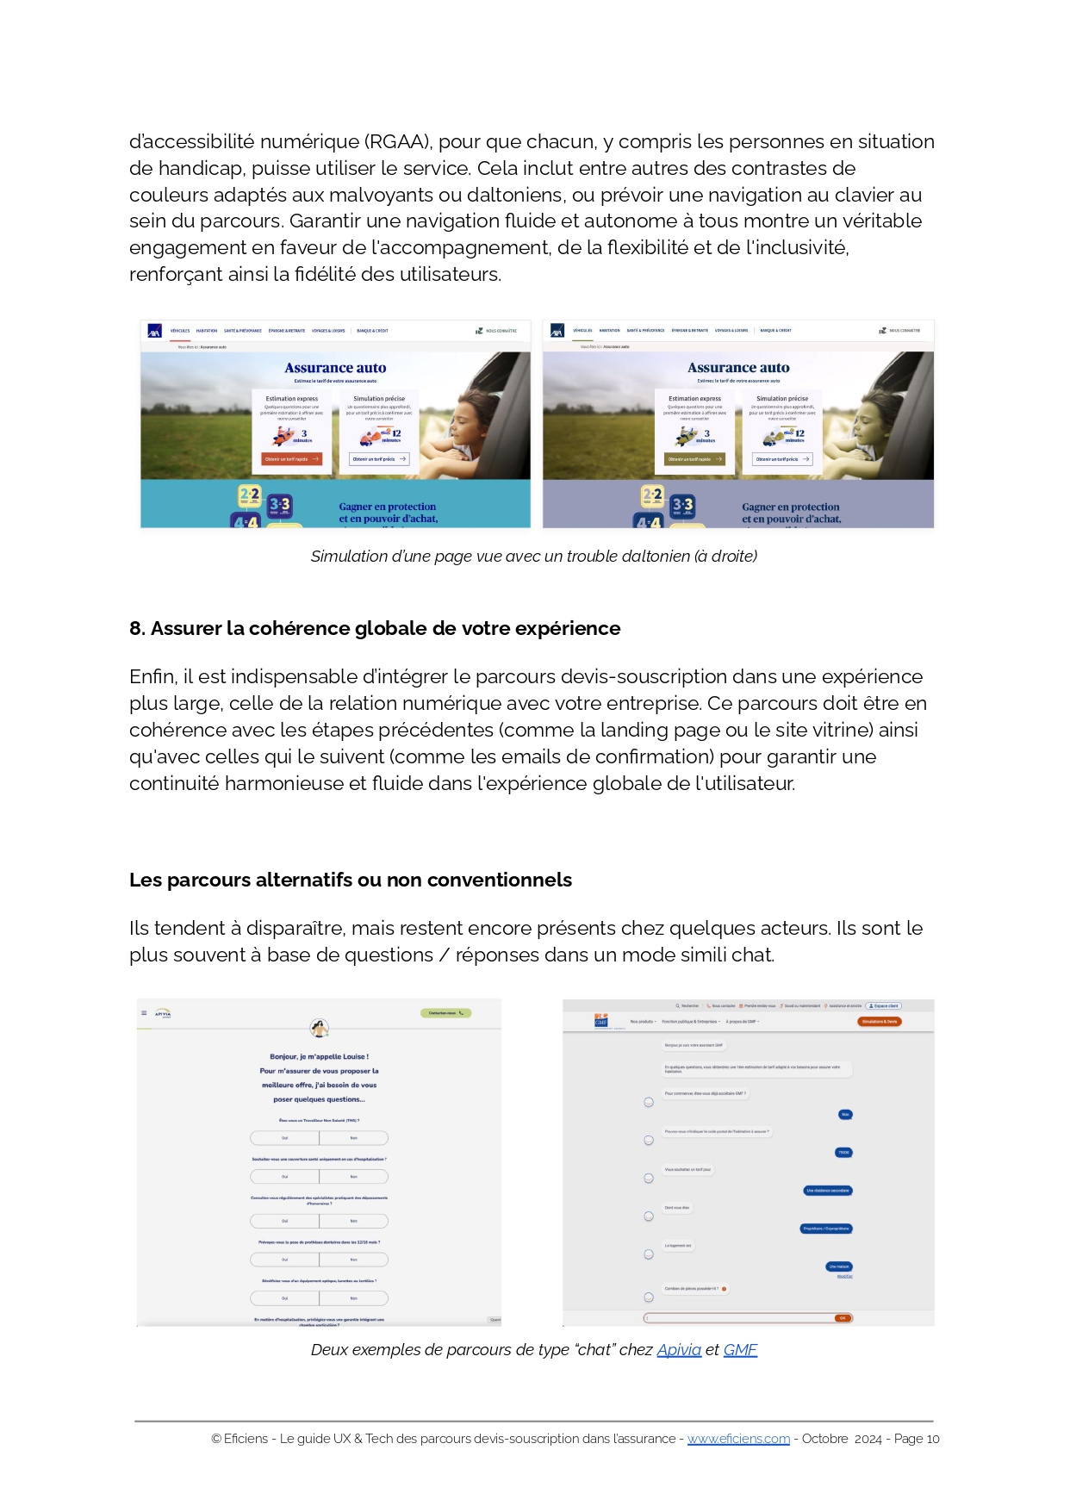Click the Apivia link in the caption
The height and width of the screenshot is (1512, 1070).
pos(679,1350)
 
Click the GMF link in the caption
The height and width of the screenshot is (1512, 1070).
pos(740,1350)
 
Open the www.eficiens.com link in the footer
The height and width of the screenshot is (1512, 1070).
pos(738,1439)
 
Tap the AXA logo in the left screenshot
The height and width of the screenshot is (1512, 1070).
pos(155,331)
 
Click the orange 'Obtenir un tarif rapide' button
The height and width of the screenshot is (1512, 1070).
pos(291,459)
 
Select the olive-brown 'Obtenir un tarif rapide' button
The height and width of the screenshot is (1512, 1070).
pos(694,459)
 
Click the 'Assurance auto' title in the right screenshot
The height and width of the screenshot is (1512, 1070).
pos(738,368)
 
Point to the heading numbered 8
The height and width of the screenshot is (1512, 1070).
pos(375,628)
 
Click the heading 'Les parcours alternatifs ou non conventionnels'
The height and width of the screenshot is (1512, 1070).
pos(351,880)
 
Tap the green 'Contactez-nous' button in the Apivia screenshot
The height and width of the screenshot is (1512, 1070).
pos(445,1013)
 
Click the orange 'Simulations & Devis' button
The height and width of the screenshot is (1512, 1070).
pos(880,1022)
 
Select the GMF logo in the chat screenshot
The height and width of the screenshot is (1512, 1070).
pos(601,1021)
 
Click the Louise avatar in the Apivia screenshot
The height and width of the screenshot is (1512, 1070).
pos(320,1028)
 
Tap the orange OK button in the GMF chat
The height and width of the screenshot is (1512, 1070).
pos(842,1318)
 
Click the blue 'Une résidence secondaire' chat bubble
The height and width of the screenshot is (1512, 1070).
pos(828,1191)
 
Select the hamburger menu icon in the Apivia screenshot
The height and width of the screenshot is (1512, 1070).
pos(144,1013)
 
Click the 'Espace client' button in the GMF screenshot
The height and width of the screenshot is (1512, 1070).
pos(883,1005)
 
